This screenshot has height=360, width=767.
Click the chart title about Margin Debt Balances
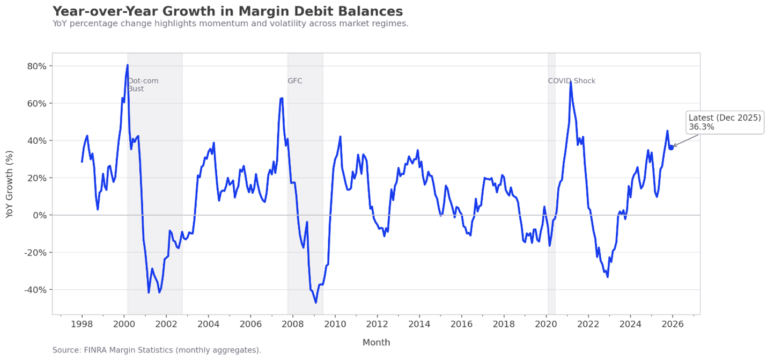pos(227,11)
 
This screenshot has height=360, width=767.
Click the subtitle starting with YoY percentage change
pos(230,24)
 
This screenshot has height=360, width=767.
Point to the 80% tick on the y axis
pos(38,66)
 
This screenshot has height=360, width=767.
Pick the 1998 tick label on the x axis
pos(82,324)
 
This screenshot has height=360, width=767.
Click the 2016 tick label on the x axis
pos(461,324)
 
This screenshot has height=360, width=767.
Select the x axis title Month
pos(376,342)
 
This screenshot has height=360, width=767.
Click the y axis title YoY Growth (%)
pos(10,183)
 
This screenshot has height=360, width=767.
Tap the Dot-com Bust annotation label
pos(143,85)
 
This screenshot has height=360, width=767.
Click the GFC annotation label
pos(294,81)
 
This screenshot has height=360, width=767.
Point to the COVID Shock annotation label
pos(571,81)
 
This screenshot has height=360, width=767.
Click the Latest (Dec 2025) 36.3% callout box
pos(725,122)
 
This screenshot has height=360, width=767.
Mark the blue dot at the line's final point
pos(671,147)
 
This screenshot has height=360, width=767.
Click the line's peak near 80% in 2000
pos(127,65)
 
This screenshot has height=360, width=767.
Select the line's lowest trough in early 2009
pos(316,303)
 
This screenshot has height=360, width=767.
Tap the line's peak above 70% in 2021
pos(570,80)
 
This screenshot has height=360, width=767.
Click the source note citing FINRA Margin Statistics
pos(157,350)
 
